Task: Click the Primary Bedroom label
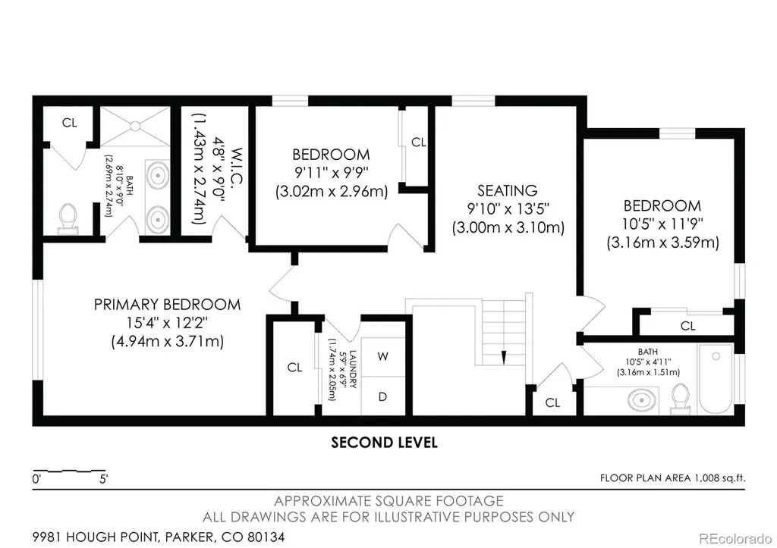pos(168,305)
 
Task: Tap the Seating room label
pos(508,190)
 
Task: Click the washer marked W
pos(382,356)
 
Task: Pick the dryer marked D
pos(382,396)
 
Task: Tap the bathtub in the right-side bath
pos(715,379)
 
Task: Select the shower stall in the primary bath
pos(135,127)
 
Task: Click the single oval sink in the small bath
pos(642,399)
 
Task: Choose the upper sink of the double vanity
pos(158,175)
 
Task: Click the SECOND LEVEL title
pos(384,443)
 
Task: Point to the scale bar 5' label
pos(103,479)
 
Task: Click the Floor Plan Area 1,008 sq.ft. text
pos(672,478)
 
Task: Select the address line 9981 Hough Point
pos(159,537)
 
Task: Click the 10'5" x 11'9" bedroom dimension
pos(662,224)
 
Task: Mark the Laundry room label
pos(353,369)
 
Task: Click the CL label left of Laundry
pos(295,368)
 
